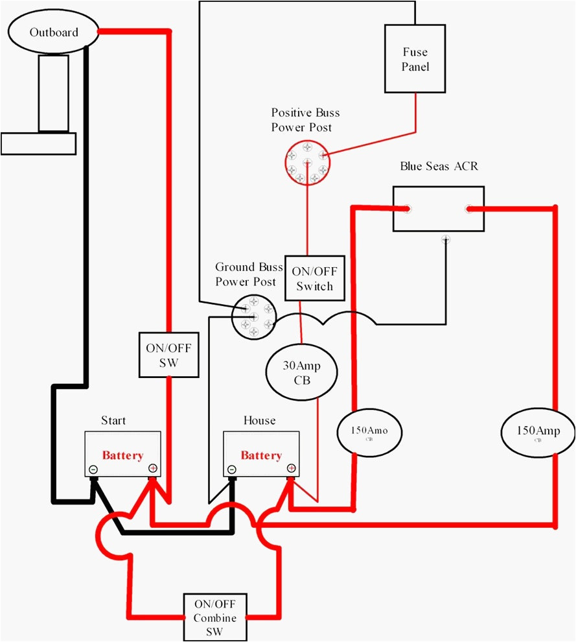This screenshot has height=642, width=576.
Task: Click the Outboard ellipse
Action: point(53,32)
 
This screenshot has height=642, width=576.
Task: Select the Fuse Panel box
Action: point(415,59)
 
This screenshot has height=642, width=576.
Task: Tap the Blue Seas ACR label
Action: point(439,167)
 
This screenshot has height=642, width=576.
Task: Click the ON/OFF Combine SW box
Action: point(215,617)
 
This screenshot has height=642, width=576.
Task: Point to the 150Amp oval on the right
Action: point(538,431)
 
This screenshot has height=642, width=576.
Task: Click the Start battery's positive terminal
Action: point(153,468)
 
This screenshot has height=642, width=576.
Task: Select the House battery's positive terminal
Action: point(291,468)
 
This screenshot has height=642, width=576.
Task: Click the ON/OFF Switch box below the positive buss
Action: point(314,279)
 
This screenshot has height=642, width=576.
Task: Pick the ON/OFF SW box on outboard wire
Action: point(168,355)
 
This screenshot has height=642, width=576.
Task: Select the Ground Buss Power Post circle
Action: point(253,316)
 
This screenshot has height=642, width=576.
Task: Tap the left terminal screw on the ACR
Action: point(406,209)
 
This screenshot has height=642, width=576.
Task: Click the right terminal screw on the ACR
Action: point(467,209)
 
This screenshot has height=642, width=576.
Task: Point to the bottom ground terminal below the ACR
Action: point(445,239)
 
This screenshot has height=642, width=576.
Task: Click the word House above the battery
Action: point(259,420)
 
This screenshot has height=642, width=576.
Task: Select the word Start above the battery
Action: point(113,420)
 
